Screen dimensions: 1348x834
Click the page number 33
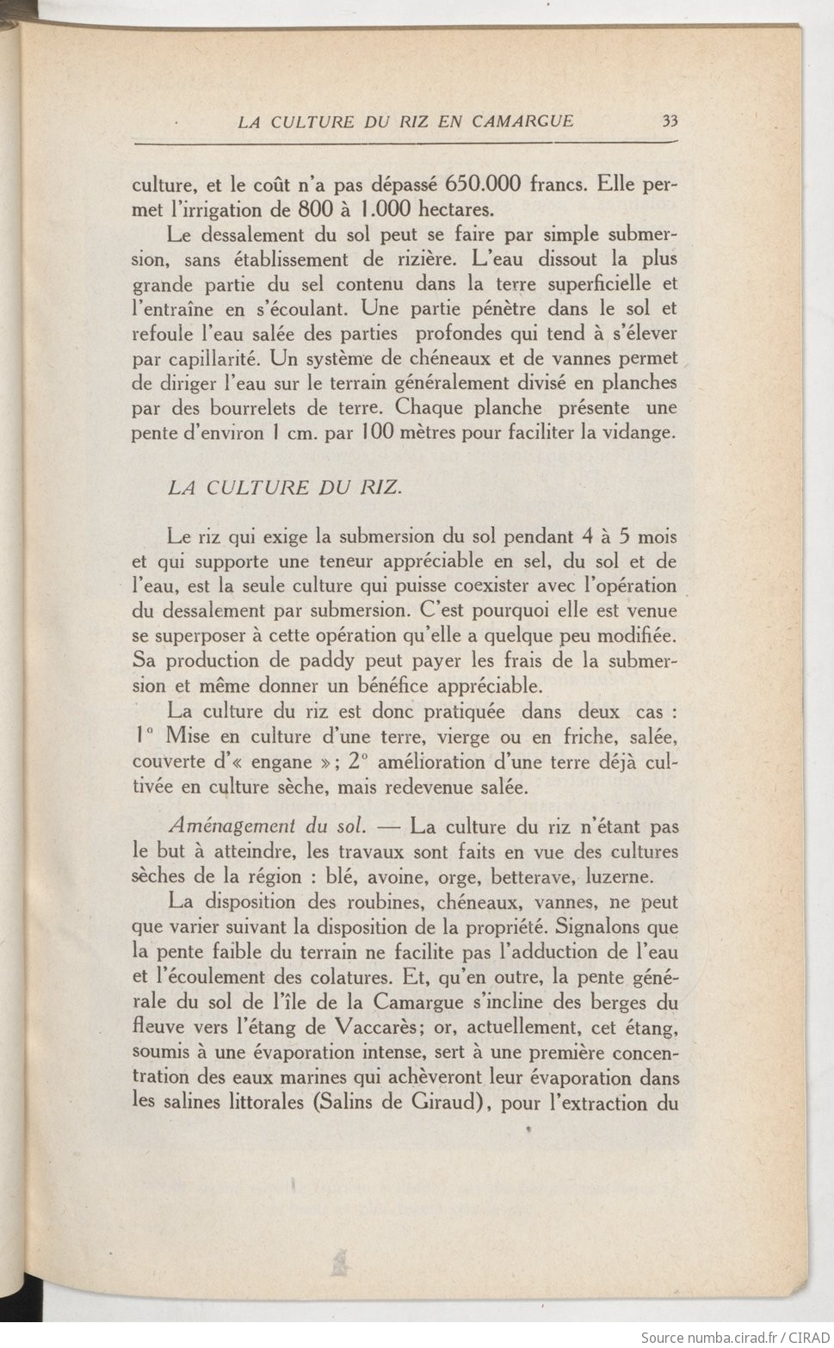pos(670,121)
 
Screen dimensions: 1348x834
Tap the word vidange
pos(638,433)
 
